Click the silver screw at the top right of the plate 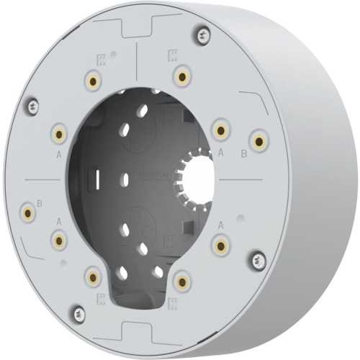pos(204,33)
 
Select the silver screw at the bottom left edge pos(78,313)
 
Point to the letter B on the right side pos(243,153)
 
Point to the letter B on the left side pos(40,203)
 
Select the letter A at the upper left pos(58,153)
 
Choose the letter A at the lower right pos(220,225)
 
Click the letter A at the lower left pos(59,220)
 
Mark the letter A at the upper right pos(220,153)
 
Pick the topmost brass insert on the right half pos(181,76)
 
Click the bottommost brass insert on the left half pos(92,276)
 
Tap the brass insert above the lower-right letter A pos(220,246)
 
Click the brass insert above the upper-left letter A pos(58,133)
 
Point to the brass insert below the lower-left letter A pos(58,240)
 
